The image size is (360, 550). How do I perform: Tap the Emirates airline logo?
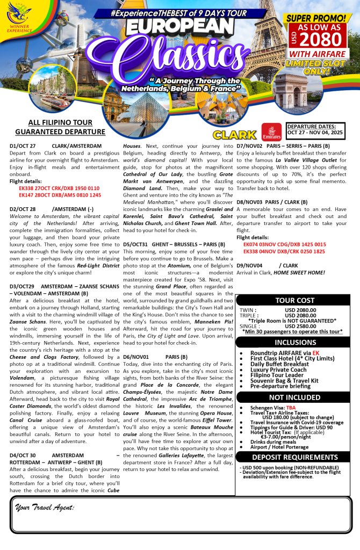pos(271,131)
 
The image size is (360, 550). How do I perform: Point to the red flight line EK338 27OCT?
pos(59,189)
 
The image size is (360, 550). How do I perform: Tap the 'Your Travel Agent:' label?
pos(45,507)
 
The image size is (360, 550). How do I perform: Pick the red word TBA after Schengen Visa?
pos(291,408)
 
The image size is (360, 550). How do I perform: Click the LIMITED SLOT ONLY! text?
pos(315,68)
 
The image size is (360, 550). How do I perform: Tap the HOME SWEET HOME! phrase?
pos(299,272)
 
